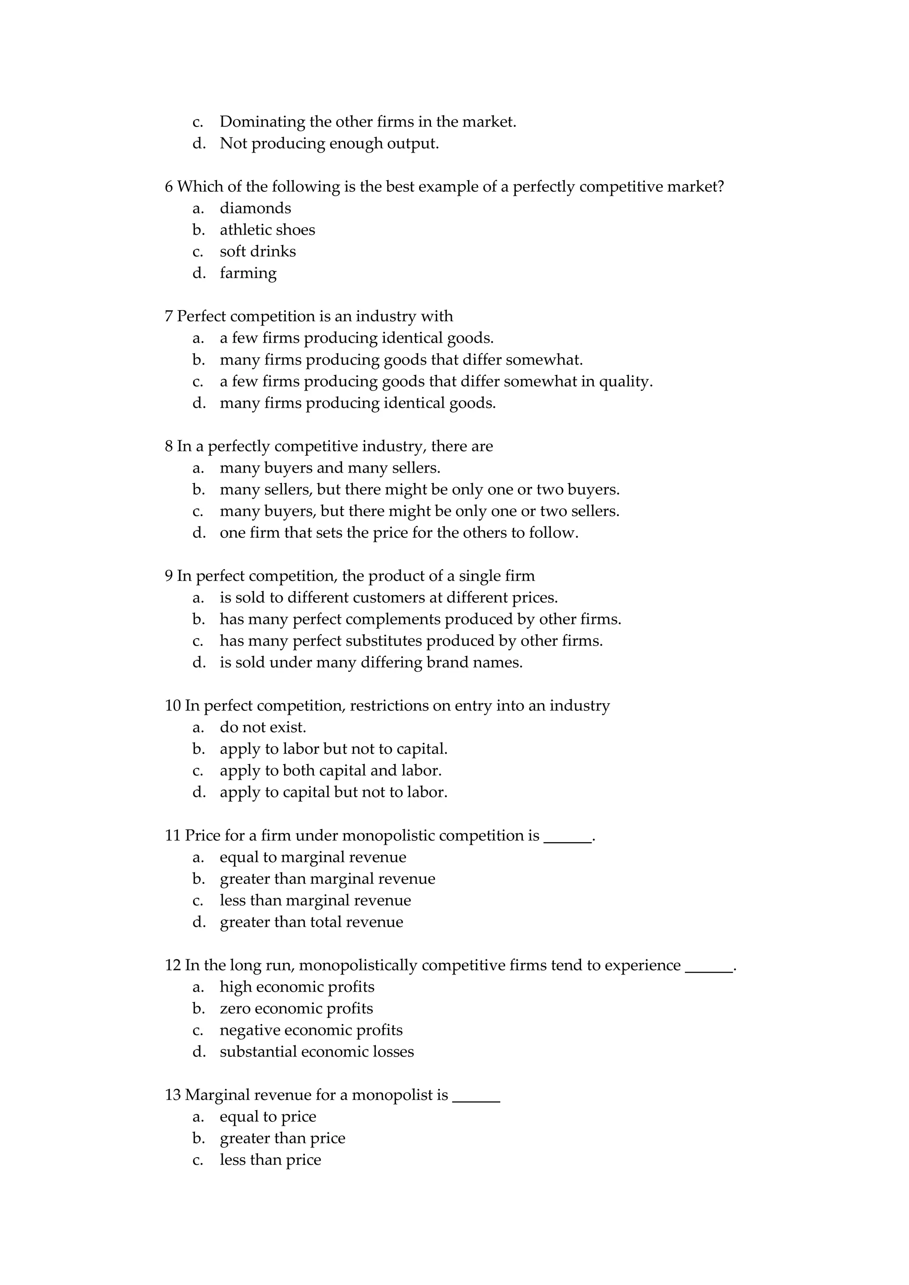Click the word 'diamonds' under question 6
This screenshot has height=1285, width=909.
point(255,208)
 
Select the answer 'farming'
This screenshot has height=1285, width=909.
point(248,273)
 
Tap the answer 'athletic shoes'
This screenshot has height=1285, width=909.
point(267,230)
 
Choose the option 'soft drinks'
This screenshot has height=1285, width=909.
point(257,251)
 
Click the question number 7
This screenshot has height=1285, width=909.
point(169,317)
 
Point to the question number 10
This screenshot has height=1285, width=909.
point(173,706)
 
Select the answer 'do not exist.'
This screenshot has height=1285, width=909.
point(262,728)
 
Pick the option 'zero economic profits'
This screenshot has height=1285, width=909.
point(296,1009)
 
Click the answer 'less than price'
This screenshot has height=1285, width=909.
point(270,1159)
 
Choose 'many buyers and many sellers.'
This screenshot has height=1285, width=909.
point(330,468)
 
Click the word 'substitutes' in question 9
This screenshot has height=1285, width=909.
point(378,641)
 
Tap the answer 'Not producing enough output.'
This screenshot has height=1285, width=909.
point(329,144)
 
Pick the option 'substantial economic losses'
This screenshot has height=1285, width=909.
point(317,1052)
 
